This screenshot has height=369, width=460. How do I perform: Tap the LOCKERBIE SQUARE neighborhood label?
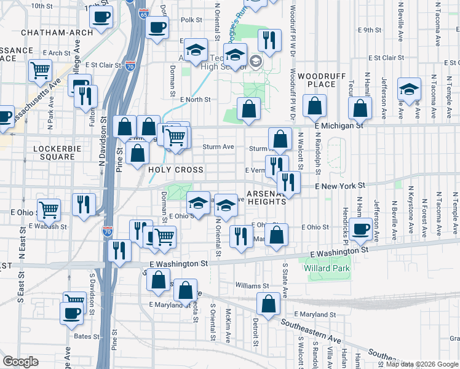55,153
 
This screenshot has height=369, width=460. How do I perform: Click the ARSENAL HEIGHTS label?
267,197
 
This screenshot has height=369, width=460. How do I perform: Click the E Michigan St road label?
339,125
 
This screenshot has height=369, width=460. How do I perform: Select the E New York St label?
340,185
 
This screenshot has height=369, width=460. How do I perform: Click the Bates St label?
87,336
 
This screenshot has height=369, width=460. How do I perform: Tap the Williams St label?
252,286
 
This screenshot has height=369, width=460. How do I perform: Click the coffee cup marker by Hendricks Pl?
362,229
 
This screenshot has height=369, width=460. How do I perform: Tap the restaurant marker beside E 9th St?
269,40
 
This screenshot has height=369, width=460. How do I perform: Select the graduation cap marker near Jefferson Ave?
408,89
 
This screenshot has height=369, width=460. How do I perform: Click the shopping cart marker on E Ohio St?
49,210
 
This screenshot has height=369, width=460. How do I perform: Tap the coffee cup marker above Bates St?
71,312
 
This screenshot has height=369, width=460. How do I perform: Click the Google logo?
20,362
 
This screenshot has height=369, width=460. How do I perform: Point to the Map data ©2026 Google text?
421,364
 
